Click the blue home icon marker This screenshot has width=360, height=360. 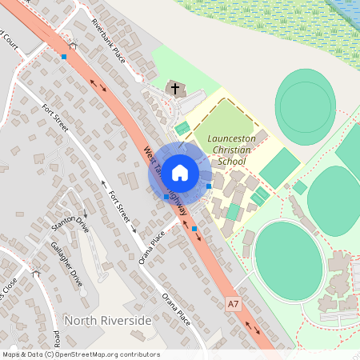point(180,172)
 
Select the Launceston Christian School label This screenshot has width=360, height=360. point(230,150)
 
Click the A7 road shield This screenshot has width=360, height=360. point(233,304)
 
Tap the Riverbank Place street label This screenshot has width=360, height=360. point(109,40)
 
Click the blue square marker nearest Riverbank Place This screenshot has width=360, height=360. point(64,57)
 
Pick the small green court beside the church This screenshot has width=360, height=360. point(182,127)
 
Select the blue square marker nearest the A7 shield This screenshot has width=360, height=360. point(195,229)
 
